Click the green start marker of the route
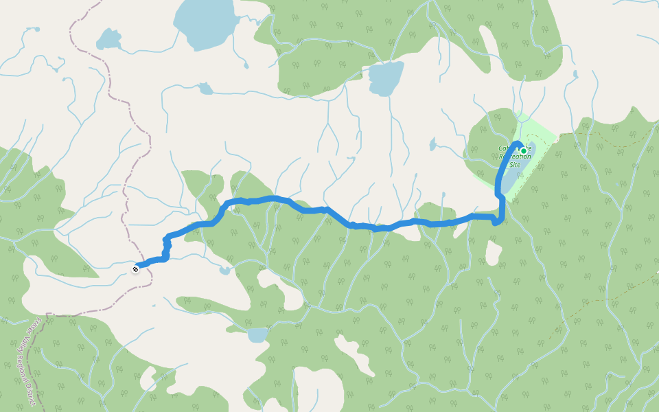point(523,150)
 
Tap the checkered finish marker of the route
point(136,268)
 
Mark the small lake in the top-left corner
point(108,39)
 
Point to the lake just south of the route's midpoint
point(257,335)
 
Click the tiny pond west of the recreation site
point(432,145)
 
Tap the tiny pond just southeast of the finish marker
point(225,271)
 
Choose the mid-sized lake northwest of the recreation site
point(386,79)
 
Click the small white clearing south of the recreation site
point(493,253)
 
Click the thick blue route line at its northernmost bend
point(275,198)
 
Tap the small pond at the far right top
point(575,74)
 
